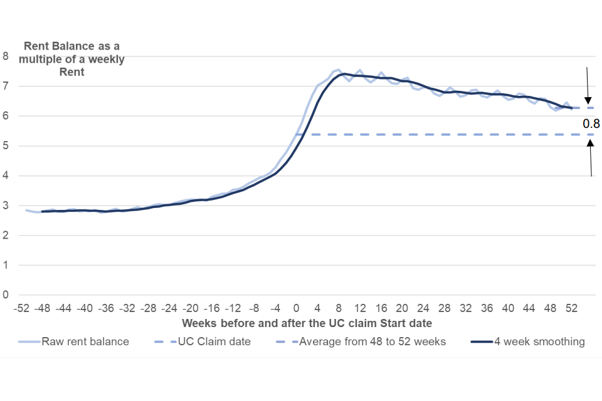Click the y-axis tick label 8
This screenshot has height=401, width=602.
pyautogui.click(x=6, y=56)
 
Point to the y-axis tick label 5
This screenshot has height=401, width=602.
pyautogui.click(x=6, y=146)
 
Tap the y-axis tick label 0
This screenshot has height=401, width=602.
pyautogui.click(x=6, y=294)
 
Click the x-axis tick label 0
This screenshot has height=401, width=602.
pyautogui.click(x=296, y=308)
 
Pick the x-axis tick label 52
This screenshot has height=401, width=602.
pyautogui.click(x=572, y=308)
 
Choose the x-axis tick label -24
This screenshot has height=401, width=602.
pyautogui.click(x=169, y=308)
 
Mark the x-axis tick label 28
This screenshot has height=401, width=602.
pyautogui.click(x=445, y=308)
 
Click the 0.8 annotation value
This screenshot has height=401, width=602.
pyautogui.click(x=591, y=123)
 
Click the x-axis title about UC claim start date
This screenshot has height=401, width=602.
pyautogui.click(x=307, y=323)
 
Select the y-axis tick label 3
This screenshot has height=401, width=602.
pyautogui.click(x=6, y=206)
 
